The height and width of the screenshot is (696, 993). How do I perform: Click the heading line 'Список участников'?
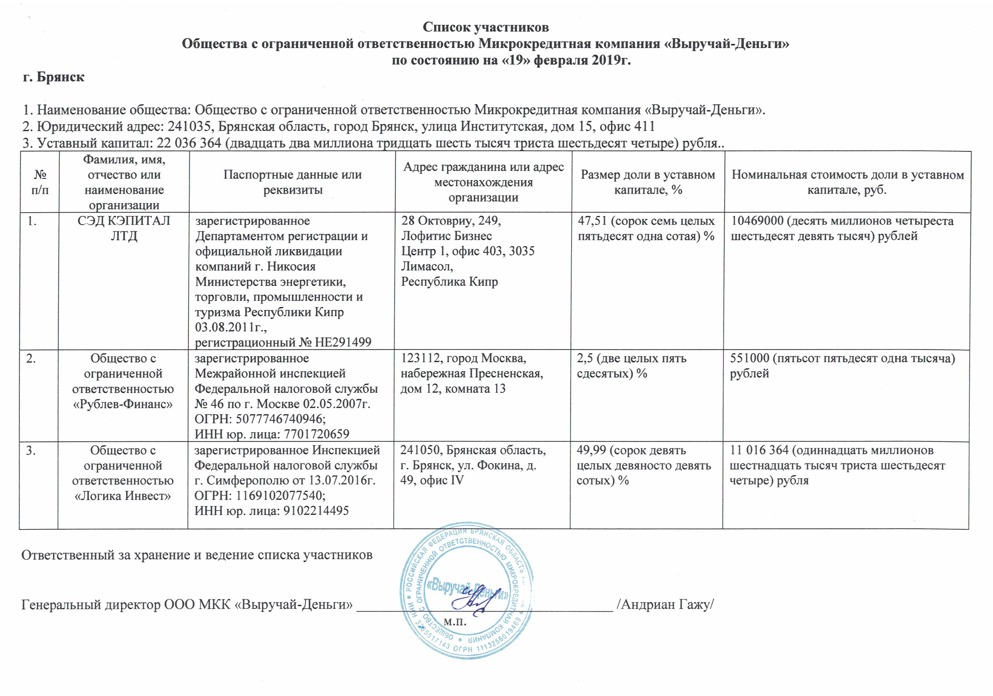[485, 27]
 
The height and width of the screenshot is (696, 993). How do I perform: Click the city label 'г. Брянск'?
[54, 77]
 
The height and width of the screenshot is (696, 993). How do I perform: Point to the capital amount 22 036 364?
[189, 143]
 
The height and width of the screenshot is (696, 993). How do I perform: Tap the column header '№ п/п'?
[40, 182]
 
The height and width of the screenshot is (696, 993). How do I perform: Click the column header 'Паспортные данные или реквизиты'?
[292, 182]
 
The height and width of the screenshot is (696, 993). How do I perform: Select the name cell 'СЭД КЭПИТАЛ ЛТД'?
[124, 229]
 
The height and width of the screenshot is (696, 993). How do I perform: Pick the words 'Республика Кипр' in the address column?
[449, 282]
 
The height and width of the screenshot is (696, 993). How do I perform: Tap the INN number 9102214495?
[316, 511]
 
